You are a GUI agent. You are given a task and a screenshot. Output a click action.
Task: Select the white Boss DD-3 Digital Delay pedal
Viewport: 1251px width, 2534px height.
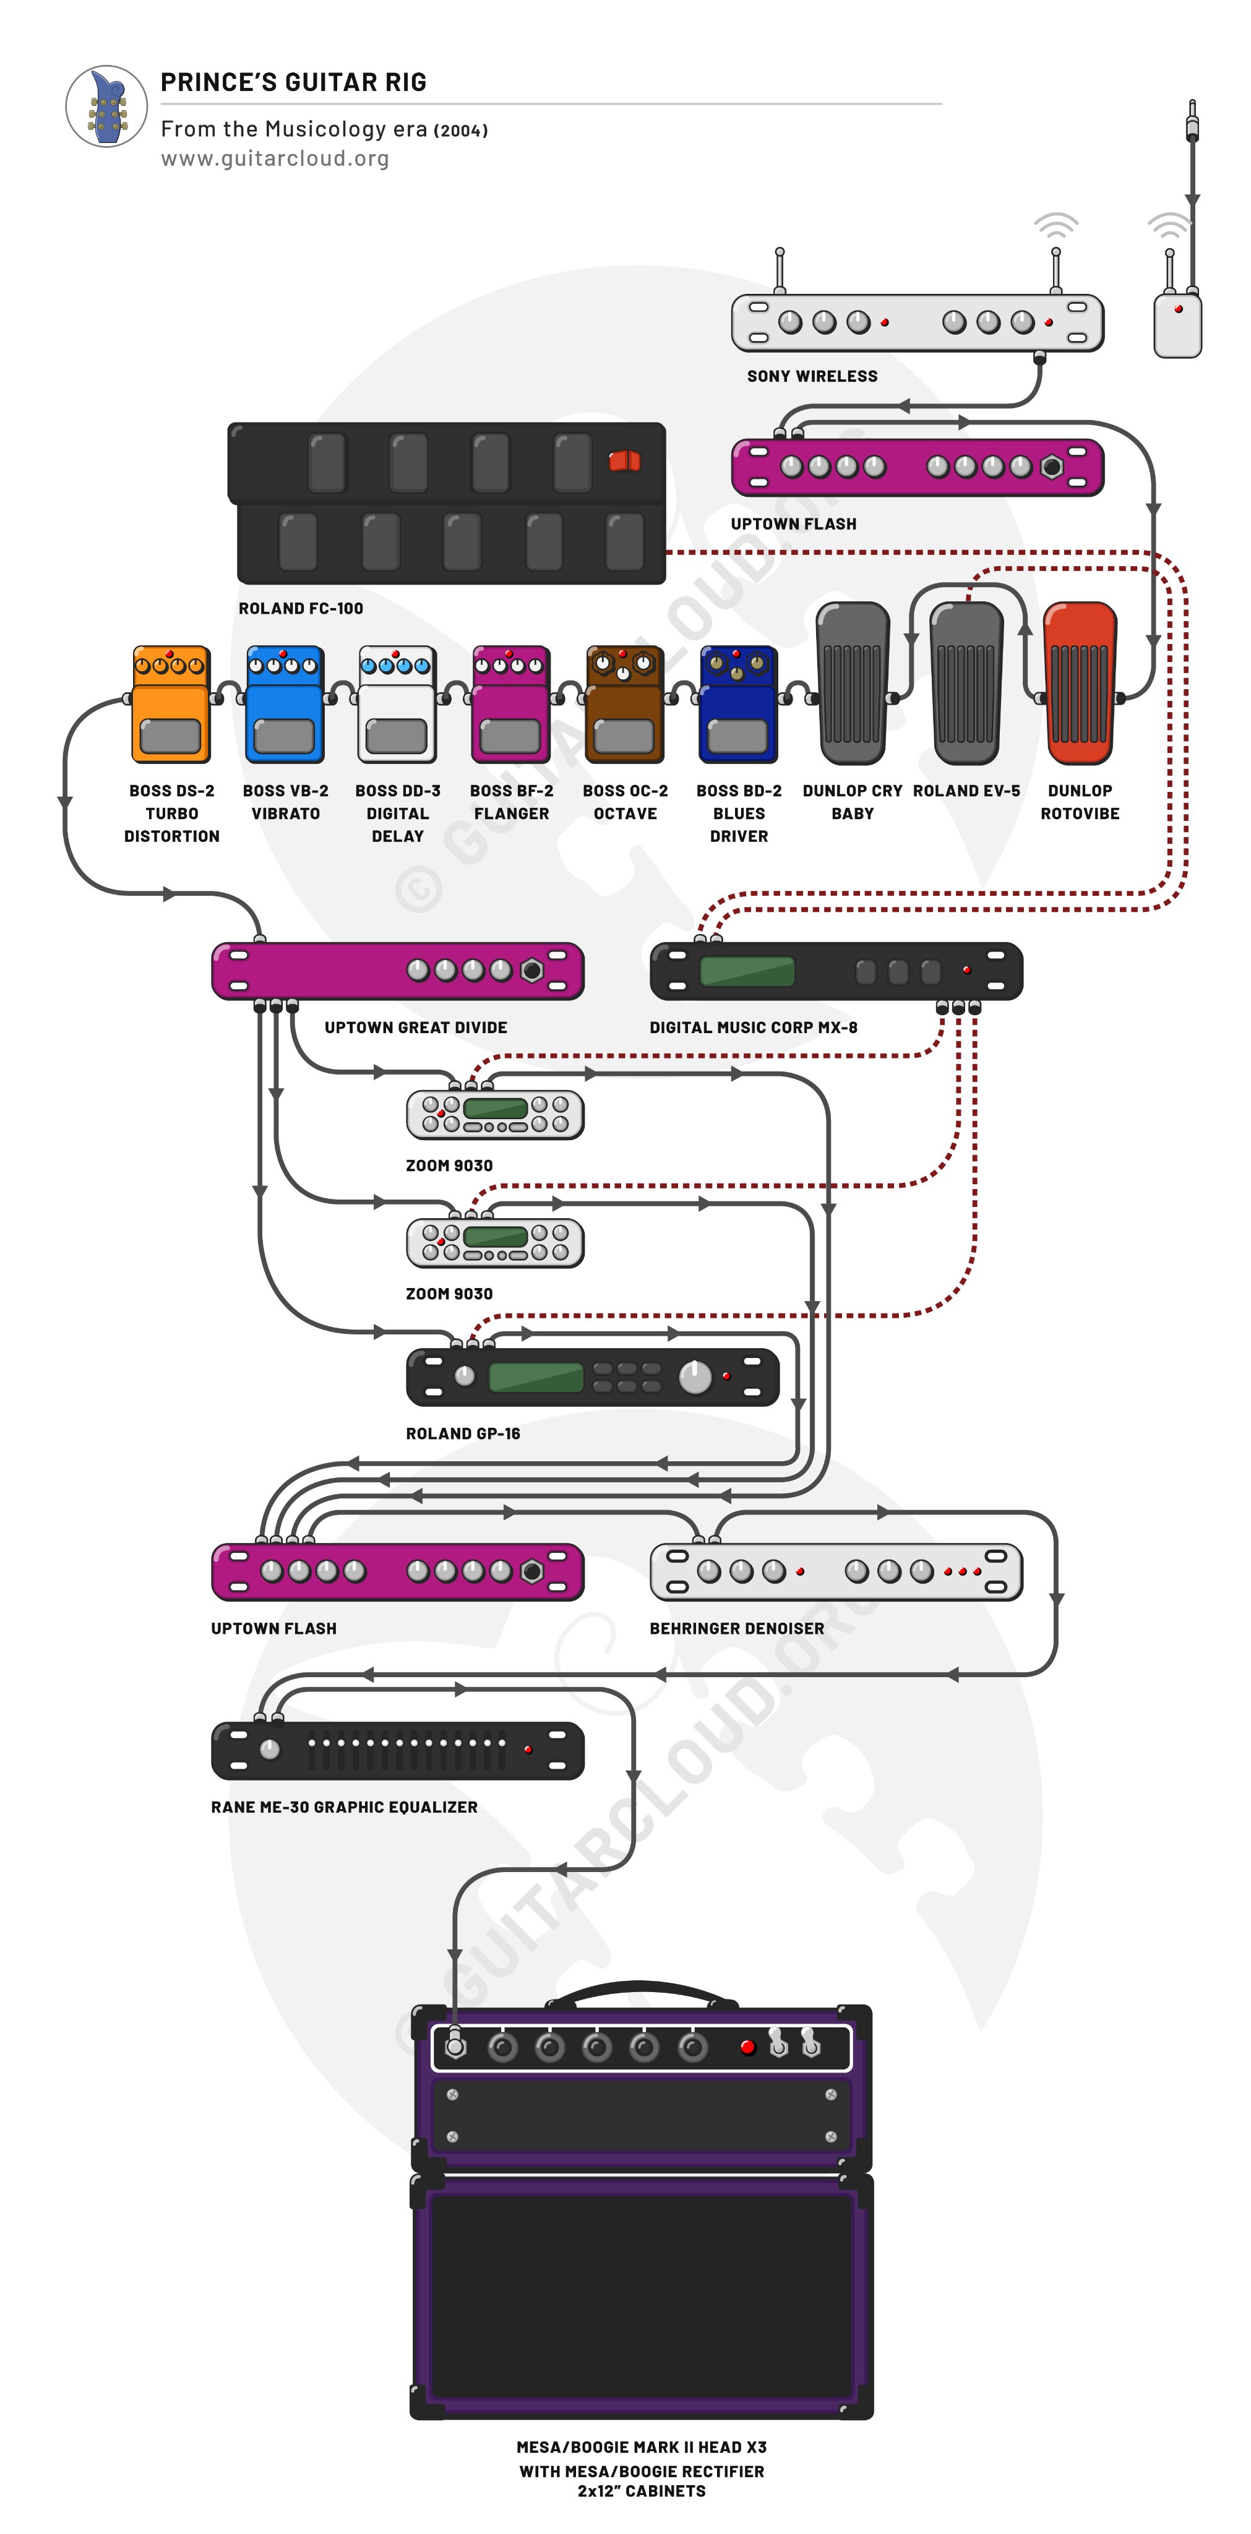tap(397, 704)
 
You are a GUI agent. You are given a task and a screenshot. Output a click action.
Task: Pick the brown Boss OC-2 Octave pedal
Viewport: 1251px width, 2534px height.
tap(624, 704)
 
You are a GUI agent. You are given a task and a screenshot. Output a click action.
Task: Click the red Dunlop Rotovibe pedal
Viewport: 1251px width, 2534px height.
tap(1080, 684)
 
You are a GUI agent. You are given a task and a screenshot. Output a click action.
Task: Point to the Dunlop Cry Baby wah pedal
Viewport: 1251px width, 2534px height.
tap(853, 684)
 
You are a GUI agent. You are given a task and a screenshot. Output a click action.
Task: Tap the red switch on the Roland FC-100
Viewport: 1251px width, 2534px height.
tap(624, 460)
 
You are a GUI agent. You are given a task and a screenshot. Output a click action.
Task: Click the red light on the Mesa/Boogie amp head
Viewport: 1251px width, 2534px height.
tap(747, 2047)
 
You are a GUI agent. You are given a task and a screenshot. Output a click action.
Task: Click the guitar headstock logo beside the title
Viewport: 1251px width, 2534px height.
tap(107, 106)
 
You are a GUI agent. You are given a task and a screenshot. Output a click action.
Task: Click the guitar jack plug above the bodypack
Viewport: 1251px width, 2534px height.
tap(1192, 123)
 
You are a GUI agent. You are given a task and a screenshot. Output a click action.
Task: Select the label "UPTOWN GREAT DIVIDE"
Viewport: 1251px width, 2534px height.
tap(416, 1027)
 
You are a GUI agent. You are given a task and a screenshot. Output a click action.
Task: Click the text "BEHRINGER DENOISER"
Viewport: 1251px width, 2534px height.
tap(737, 1628)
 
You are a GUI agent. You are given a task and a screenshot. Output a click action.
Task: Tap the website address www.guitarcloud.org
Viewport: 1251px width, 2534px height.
tap(275, 158)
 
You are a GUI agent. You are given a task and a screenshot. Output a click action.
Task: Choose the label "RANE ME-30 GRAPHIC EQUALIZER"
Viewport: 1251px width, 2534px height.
tap(344, 1807)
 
